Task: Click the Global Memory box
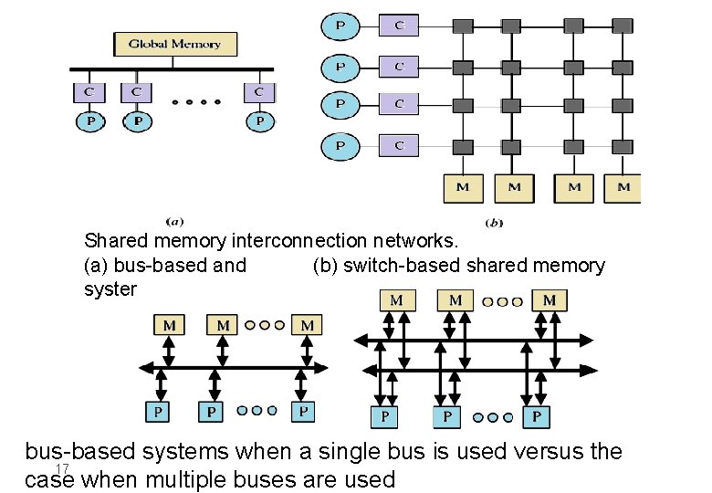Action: (174, 44)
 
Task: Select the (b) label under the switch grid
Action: (495, 222)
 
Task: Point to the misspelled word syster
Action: (110, 288)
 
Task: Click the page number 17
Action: (63, 468)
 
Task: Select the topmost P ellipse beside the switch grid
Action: (340, 26)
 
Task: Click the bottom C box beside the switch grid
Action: (399, 145)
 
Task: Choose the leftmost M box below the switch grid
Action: (463, 187)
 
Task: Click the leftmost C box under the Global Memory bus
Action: (89, 92)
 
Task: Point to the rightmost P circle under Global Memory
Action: (259, 121)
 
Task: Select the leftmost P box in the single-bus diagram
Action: (158, 412)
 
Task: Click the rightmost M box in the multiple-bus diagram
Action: (550, 300)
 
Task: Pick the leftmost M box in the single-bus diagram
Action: (170, 325)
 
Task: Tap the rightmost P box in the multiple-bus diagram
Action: (536, 417)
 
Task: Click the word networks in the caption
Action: (430, 241)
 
